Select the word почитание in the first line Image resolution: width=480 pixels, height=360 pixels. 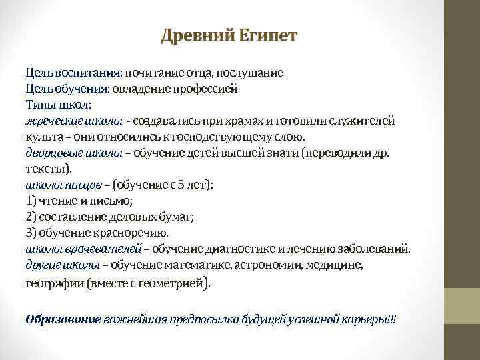coord(157,73)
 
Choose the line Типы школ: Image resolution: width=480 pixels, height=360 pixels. coord(59,105)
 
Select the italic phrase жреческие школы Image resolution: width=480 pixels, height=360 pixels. coord(74,121)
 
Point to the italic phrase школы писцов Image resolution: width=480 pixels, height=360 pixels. coord(64,185)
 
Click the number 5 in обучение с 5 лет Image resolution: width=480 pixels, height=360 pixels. coord(180,185)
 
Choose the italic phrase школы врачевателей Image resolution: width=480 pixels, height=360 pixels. coord(83,249)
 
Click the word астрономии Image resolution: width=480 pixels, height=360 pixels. coord(271,265)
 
